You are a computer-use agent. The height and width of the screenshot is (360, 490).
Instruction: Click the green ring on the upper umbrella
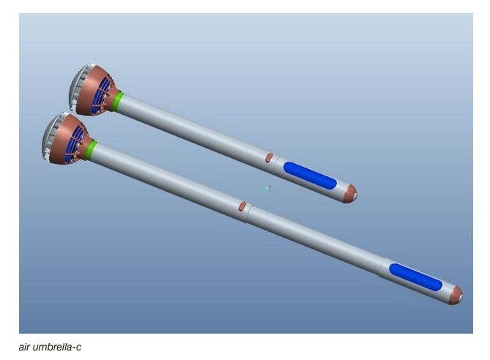pyautogui.click(x=117, y=101)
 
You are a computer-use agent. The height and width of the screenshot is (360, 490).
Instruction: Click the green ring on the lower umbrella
pyautogui.click(x=90, y=151)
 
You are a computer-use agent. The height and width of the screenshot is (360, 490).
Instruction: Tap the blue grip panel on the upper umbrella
pyautogui.click(x=310, y=176)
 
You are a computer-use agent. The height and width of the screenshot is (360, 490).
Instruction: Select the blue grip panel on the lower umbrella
pyautogui.click(x=415, y=277)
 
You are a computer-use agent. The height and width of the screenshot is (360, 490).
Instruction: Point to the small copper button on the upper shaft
pyautogui.click(x=269, y=157)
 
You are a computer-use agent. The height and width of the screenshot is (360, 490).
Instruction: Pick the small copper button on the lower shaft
pyautogui.click(x=242, y=206)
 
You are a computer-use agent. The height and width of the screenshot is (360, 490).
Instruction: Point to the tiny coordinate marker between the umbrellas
pyautogui.click(x=267, y=188)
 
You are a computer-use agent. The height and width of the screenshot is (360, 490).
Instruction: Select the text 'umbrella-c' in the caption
pyautogui.click(x=58, y=346)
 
